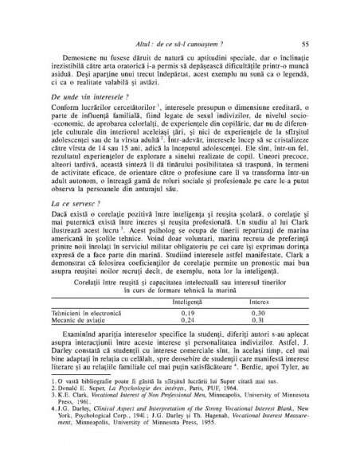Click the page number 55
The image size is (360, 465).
(316, 44)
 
